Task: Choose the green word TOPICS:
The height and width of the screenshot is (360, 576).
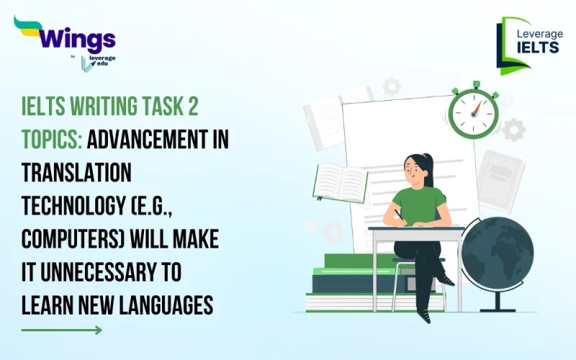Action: coord(52,142)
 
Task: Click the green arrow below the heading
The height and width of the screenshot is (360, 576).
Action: coord(62,330)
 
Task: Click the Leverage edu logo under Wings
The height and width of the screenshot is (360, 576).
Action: coord(97,62)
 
